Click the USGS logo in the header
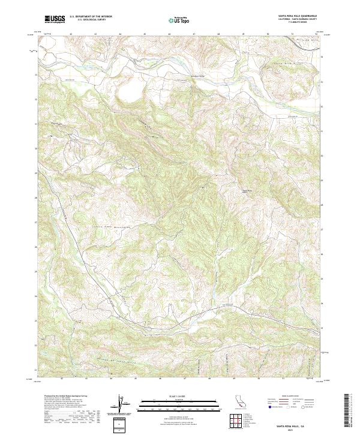[55, 19]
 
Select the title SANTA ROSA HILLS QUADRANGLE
[298, 14]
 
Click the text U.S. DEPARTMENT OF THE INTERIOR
[91, 16]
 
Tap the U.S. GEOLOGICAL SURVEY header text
[91, 20]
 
